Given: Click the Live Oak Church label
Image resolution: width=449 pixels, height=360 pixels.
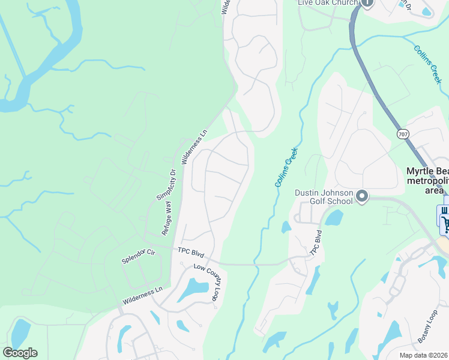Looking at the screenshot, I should [328, 3].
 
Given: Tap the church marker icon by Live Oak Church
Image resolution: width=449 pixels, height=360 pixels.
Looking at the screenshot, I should [367, 3].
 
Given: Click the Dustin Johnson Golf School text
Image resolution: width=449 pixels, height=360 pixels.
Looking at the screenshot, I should [323, 197].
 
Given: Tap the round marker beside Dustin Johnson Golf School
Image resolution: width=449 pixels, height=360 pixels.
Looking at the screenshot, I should [362, 197].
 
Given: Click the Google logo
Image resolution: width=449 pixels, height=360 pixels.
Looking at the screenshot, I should [20, 353].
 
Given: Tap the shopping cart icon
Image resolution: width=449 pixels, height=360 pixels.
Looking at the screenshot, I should [445, 224].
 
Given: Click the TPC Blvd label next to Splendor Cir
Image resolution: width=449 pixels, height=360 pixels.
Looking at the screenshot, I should [191, 253].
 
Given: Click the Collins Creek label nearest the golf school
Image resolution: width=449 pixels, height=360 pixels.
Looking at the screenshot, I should [287, 167].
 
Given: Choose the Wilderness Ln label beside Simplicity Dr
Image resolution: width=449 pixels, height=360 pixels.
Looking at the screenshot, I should [194, 147].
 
